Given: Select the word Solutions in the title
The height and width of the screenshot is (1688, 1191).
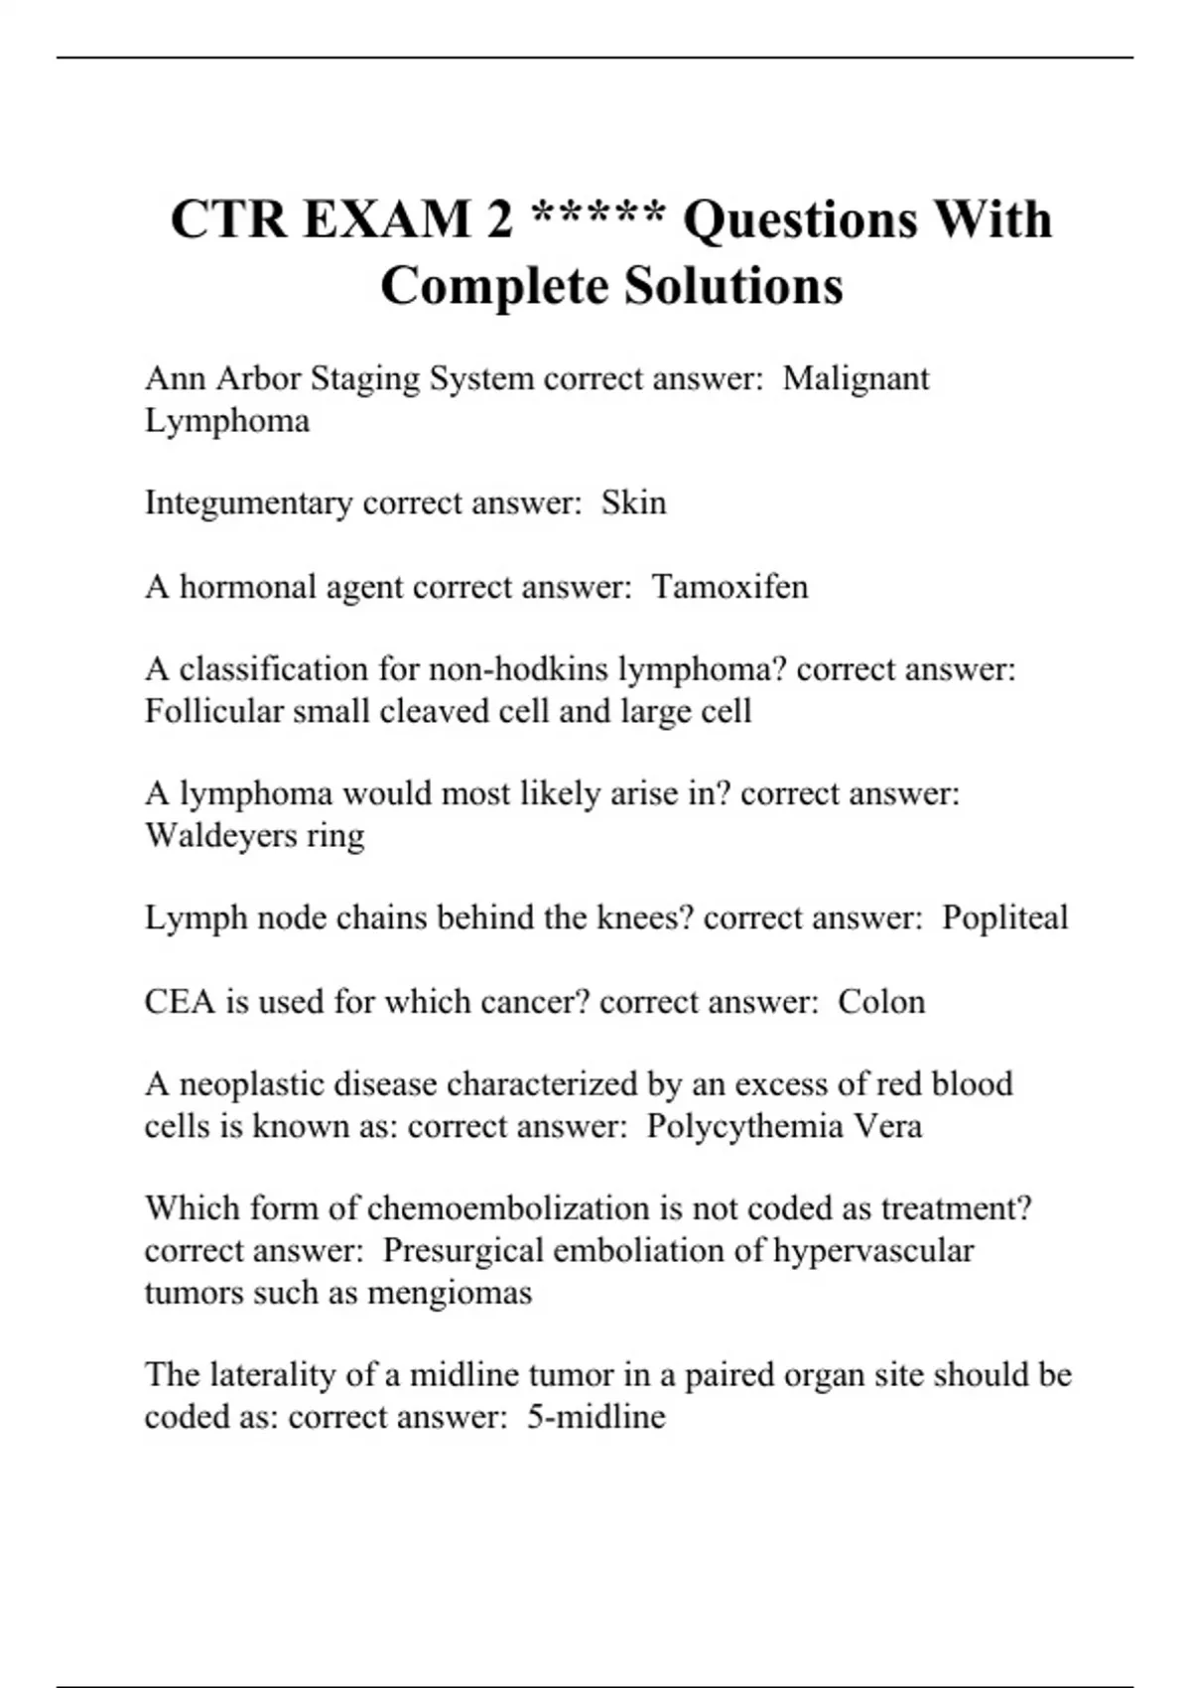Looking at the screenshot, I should pos(733,286).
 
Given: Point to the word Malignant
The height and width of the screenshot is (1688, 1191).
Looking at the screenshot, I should pos(856,378).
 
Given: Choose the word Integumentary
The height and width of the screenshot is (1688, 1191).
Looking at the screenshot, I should pos(249,503).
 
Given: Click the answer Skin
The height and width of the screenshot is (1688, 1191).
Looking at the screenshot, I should pos(633,502).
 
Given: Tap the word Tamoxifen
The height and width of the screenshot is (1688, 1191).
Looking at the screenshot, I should pos(729,587).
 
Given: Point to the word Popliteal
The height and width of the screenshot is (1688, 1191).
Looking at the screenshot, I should pos(1004,918).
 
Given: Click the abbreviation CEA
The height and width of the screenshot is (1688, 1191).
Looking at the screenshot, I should pos(180,1001).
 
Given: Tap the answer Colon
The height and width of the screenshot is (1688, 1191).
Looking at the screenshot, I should pos(881,1001).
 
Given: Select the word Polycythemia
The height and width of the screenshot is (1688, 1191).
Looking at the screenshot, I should pos(742,1127).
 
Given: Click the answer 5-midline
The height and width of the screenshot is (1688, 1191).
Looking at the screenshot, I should pos(595,1417).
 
